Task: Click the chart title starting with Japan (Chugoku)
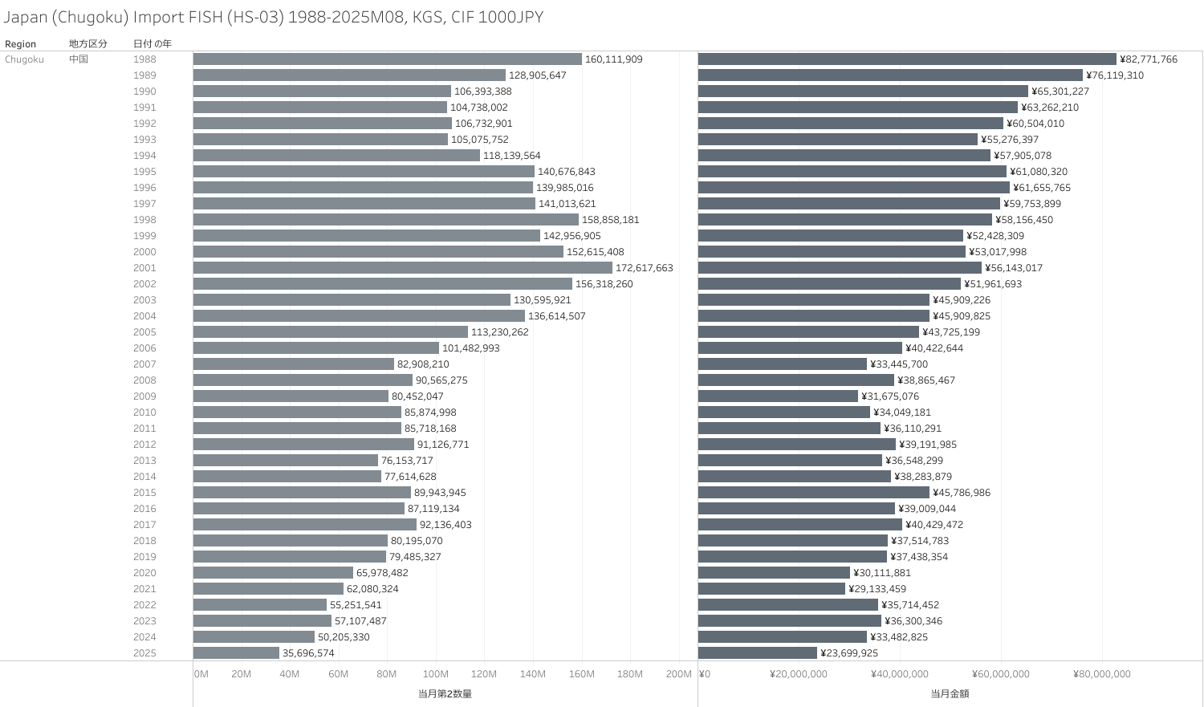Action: pos(273,17)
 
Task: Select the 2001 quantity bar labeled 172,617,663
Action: pos(402,268)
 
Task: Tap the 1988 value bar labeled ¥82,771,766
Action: pos(907,59)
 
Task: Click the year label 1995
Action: pos(144,172)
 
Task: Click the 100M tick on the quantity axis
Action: pos(436,674)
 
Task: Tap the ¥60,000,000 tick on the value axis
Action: pos(1000,674)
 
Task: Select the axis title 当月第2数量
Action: pos(445,693)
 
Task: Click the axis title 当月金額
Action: pos(950,693)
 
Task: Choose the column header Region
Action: pos(20,44)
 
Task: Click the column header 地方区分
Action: pos(87,44)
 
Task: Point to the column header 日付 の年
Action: pos(153,44)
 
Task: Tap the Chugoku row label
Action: pos(24,59)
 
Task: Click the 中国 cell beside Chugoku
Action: pos(79,59)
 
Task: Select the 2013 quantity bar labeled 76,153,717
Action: pos(285,461)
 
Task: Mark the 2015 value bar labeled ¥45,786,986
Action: pos(813,493)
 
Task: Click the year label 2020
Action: pos(144,573)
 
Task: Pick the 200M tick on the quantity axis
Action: pos(678,674)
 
